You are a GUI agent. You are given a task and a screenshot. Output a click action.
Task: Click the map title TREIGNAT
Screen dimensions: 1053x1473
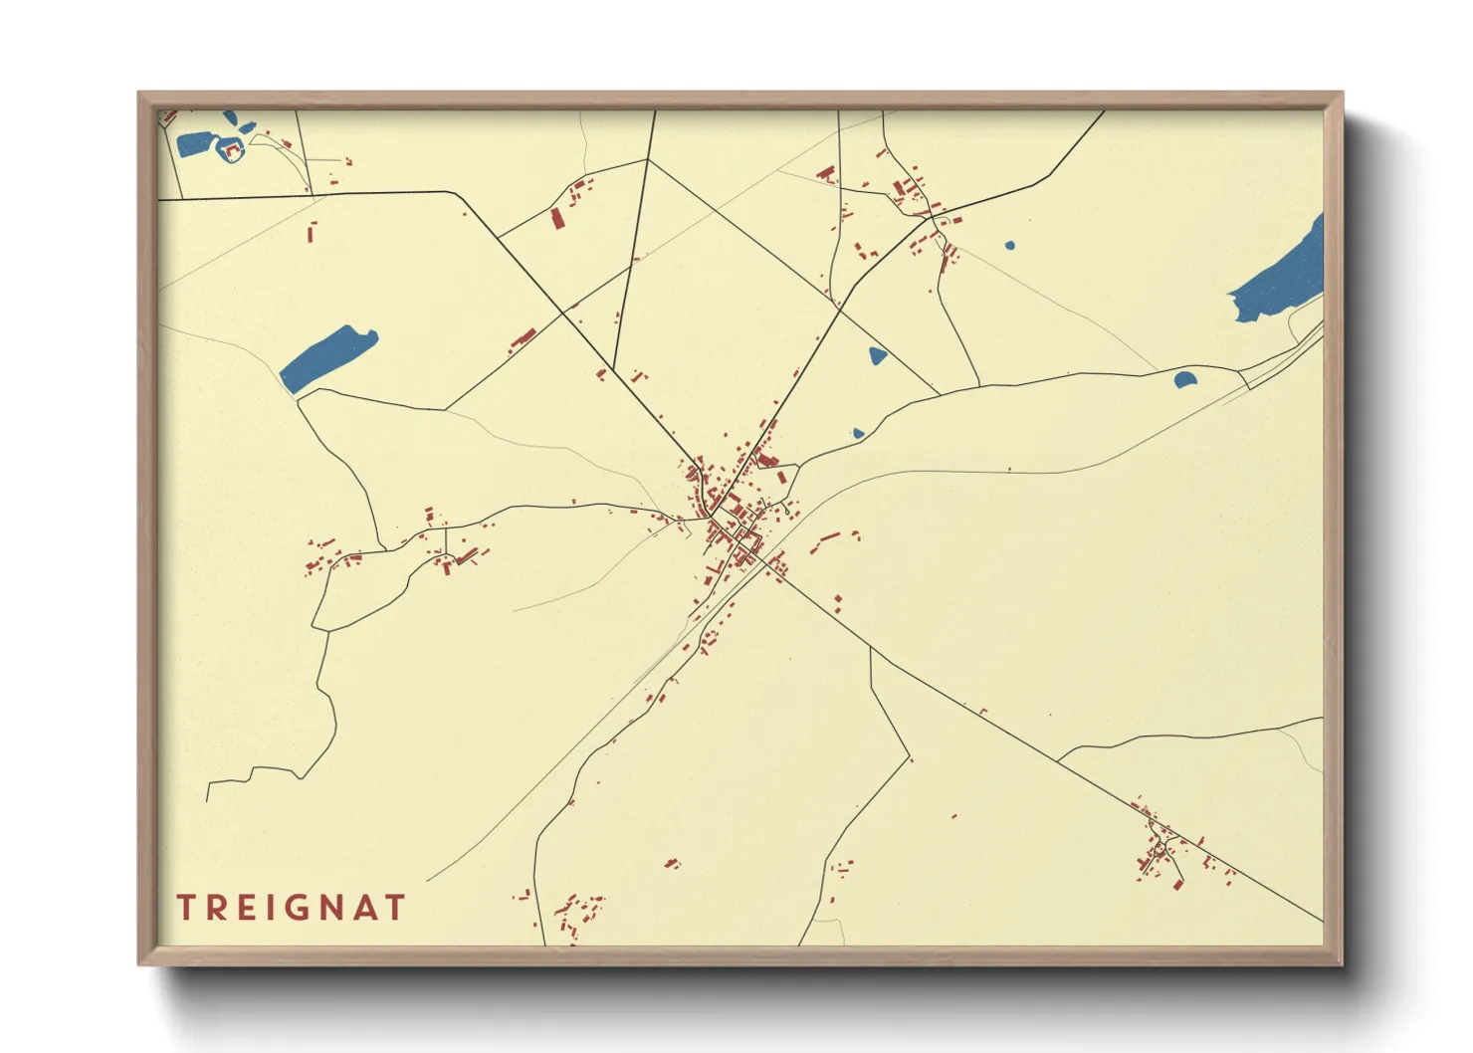point(291,908)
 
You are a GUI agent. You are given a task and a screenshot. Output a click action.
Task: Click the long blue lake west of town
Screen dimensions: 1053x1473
point(327,357)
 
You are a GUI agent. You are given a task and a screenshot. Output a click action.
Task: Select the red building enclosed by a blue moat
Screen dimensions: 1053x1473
point(233,150)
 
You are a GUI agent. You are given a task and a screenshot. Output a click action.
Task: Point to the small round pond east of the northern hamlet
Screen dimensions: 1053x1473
point(1009,245)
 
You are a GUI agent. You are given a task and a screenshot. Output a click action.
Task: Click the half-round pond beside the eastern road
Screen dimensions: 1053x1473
point(1184,379)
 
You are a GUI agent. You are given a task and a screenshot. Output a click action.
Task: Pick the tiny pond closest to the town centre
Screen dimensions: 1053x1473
point(858,433)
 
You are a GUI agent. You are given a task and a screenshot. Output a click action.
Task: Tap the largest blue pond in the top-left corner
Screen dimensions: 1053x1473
point(195,143)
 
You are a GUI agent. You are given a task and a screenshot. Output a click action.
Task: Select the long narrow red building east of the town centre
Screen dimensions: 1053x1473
point(828,540)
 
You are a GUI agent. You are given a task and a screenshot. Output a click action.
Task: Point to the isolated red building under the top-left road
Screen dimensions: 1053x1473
point(311,233)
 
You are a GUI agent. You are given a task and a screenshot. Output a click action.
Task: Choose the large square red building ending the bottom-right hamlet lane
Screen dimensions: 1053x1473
point(1178,883)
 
